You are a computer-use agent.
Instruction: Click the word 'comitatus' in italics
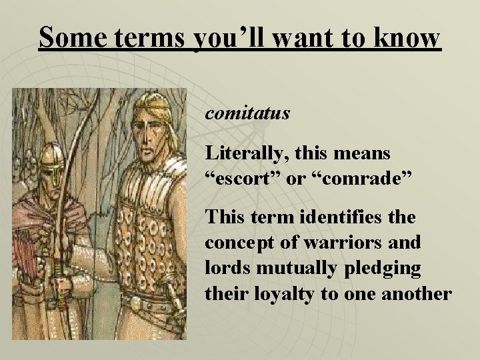[x=247, y=114]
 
